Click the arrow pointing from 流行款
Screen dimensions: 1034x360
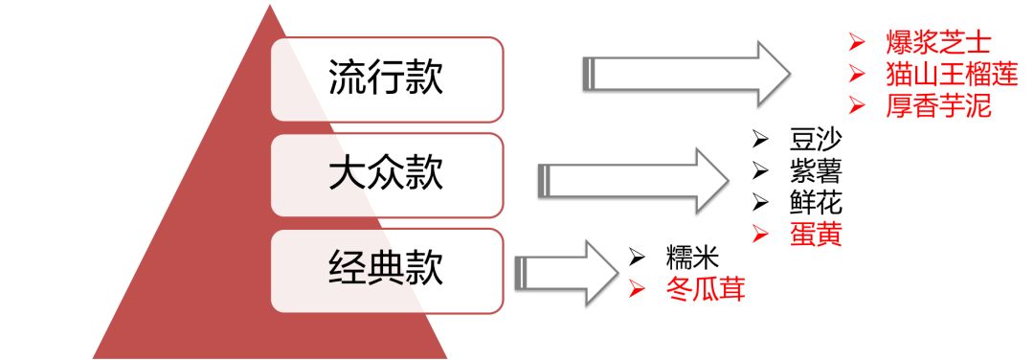coord(685,73)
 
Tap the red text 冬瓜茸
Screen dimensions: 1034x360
coord(705,288)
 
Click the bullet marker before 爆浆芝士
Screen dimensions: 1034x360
coord(858,43)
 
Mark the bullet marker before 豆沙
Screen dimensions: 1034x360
coord(760,140)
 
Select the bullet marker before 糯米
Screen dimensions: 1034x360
coord(637,257)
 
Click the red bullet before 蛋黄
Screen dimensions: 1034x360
coord(760,235)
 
